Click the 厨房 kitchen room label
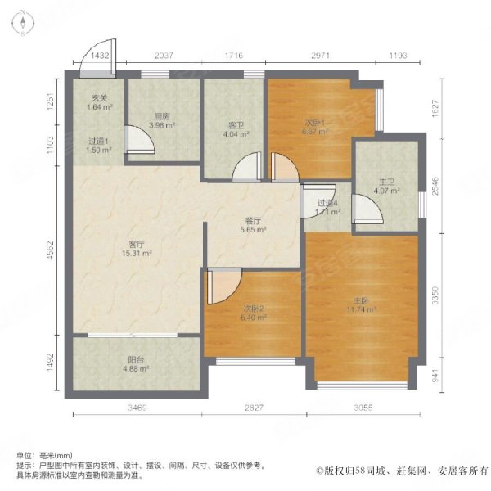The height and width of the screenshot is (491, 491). point(160,115)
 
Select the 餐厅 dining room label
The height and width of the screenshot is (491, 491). point(252,220)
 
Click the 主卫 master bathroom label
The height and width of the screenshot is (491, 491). point(388,182)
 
